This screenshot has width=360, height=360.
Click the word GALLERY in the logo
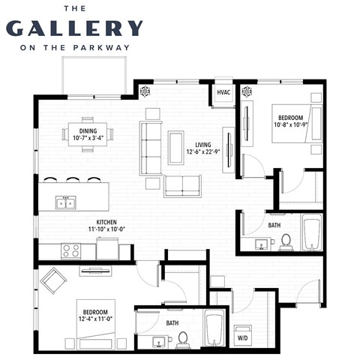click(x=74, y=28)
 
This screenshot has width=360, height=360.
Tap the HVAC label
click(x=223, y=93)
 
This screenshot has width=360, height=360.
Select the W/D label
click(x=243, y=338)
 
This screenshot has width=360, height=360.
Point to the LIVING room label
click(x=203, y=145)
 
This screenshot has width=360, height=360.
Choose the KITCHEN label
click(x=100, y=222)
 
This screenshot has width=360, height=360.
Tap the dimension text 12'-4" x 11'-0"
click(x=95, y=319)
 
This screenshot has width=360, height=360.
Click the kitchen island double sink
click(x=66, y=202)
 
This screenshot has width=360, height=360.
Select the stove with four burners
click(x=71, y=251)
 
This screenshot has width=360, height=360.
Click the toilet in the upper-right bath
click(x=285, y=241)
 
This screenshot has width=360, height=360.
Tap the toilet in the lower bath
click(x=182, y=340)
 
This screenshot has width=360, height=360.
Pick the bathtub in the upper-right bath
click(x=311, y=232)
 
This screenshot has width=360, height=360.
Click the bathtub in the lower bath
click(x=214, y=330)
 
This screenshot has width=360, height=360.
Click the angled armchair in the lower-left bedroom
click(x=53, y=281)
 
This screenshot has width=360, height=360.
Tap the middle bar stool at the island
click(x=72, y=180)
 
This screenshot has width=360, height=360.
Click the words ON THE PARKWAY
click(x=74, y=48)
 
